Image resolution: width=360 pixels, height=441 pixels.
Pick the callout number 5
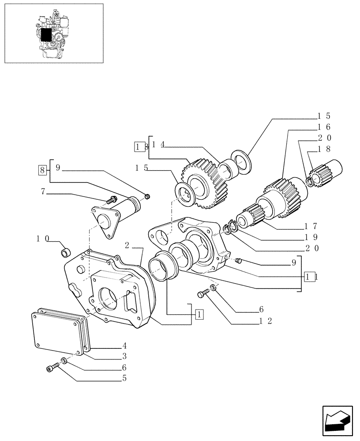coord(124,378)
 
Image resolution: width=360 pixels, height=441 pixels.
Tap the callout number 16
coord(323,127)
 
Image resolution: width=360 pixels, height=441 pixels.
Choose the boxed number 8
coord(42,169)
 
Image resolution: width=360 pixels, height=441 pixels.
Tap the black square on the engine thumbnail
coord(46,34)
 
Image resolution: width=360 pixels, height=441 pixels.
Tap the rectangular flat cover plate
coord(56,332)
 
